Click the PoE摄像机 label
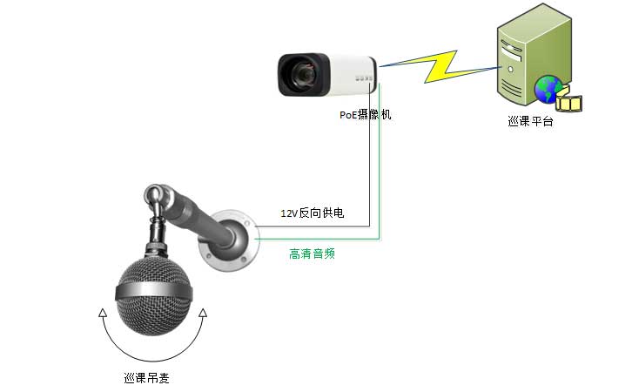(365, 115)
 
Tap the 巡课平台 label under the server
(530, 121)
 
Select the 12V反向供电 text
(313, 213)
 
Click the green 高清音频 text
(312, 253)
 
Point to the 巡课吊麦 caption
(147, 378)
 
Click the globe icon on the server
(548, 89)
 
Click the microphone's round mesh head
(153, 298)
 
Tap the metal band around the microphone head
(153, 291)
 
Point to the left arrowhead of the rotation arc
(103, 313)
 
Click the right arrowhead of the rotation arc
(203, 313)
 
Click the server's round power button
(511, 70)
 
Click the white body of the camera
(352, 76)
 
